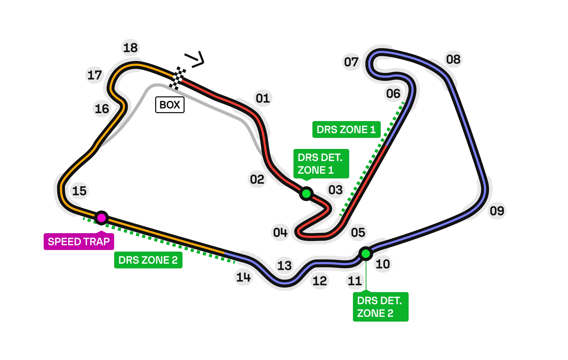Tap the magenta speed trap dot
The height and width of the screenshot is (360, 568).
(x=102, y=218)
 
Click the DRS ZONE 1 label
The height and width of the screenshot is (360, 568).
(x=346, y=129)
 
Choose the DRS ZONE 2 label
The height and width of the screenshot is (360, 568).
(x=148, y=260)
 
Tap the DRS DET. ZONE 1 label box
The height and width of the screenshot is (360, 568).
(x=321, y=164)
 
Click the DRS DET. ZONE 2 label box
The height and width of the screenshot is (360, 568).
(x=380, y=307)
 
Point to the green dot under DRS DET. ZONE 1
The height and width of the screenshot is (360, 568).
(x=306, y=194)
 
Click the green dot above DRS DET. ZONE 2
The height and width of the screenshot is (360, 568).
(x=366, y=254)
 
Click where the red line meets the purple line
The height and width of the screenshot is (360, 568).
(x=387, y=145)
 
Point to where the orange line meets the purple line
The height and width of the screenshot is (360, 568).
(x=224, y=253)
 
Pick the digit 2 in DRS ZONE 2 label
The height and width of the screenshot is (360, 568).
(x=175, y=260)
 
